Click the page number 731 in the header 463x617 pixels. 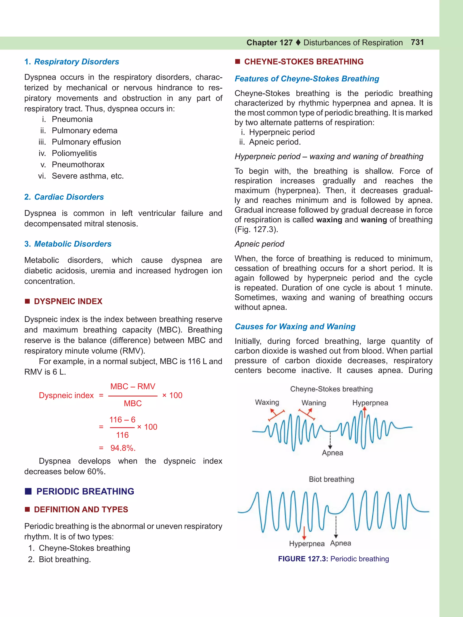tap(417, 42)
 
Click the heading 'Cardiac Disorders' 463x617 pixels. tap(69, 197)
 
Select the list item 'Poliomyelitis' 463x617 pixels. tap(74, 153)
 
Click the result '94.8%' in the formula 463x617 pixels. tap(123, 448)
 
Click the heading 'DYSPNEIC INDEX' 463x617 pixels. tap(68, 301)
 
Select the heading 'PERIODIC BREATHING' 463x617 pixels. tap(85, 491)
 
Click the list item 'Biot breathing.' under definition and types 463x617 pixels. tap(65, 559)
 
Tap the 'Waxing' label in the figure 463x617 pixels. tap(267, 402)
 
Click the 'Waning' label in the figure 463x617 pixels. tap(314, 403)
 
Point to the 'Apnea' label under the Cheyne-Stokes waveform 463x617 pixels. tap(332, 453)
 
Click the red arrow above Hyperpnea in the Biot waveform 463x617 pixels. tap(304, 533)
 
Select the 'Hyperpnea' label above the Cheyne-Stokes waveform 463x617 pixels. tap(370, 403)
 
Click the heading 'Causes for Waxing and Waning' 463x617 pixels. tap(295, 326)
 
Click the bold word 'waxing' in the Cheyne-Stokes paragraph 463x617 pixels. tap(329, 220)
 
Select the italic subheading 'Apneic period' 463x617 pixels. tap(259, 244)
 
